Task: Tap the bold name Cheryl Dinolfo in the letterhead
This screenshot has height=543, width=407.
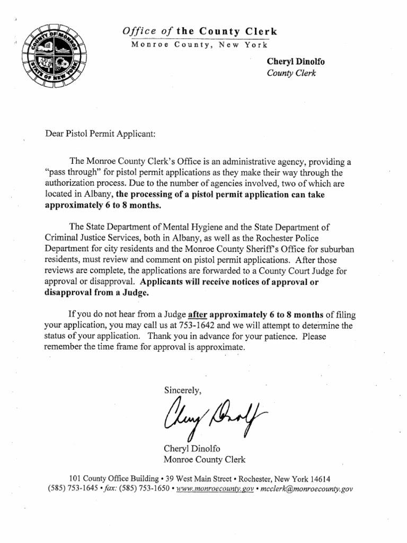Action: point(296,62)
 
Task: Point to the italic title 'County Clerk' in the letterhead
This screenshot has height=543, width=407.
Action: point(291,73)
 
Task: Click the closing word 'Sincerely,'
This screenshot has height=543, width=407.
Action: point(183,390)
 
